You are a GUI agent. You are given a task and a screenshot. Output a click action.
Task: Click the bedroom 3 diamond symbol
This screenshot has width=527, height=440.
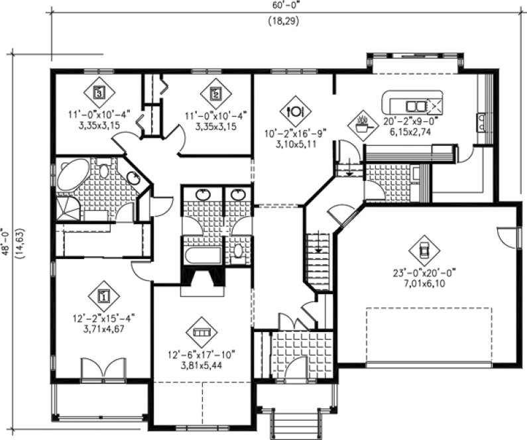click(x=98, y=93)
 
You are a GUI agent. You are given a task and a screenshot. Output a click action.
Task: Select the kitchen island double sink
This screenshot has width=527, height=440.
click(x=416, y=105)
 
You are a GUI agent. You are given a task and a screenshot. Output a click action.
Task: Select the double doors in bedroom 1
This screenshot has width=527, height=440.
click(x=103, y=367)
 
